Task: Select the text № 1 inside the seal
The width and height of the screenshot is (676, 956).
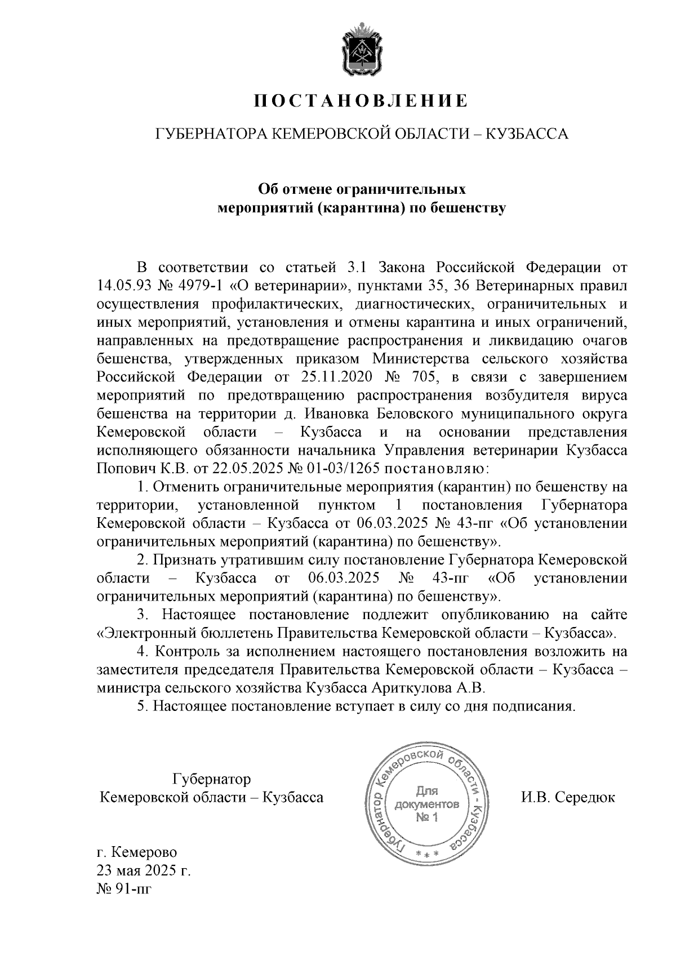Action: coord(426,817)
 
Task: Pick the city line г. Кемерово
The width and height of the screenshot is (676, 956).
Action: coord(137,852)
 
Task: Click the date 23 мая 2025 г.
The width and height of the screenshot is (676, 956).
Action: coord(144,871)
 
